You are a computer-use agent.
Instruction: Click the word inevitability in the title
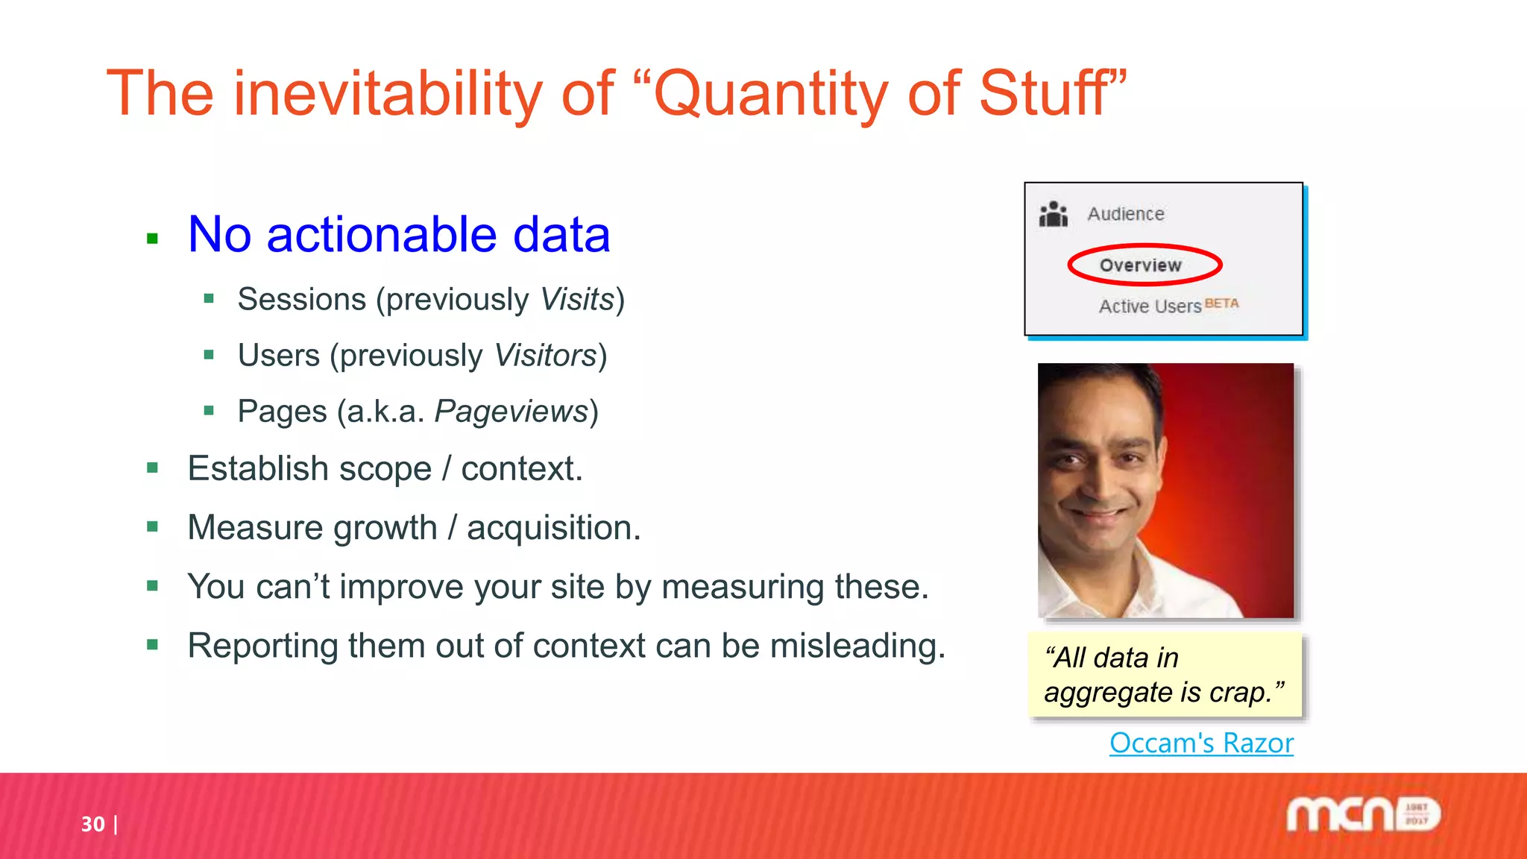click(388, 93)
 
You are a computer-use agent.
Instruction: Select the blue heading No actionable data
click(399, 235)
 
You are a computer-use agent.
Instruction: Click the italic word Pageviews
click(511, 412)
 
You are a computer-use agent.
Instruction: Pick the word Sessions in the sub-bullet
click(302, 300)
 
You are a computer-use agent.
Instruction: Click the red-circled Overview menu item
click(1141, 265)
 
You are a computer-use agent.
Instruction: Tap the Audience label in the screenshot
click(1125, 214)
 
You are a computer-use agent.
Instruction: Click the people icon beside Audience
click(1054, 215)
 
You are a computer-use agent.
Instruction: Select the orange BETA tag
click(1221, 303)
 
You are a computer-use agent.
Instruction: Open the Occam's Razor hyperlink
click(1201, 743)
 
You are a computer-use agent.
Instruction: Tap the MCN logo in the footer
click(1363, 815)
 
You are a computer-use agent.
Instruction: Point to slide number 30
click(93, 824)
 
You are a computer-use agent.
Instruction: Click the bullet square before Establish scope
click(153, 468)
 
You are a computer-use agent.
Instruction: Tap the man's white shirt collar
click(1074, 589)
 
